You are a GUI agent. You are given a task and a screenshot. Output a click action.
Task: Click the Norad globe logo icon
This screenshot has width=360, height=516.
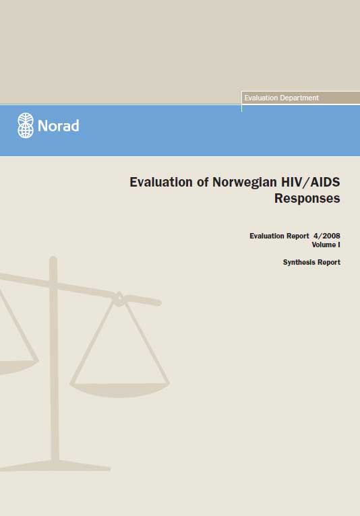coord(26,125)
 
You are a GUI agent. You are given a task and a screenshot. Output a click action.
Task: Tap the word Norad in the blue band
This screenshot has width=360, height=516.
coord(58,126)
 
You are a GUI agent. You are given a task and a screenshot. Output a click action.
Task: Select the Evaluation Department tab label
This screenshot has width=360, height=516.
coord(281,98)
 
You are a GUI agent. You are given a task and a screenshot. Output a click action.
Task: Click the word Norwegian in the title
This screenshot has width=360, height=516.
coord(245,183)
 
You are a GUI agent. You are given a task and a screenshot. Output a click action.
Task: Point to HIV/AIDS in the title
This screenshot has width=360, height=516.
coord(310,182)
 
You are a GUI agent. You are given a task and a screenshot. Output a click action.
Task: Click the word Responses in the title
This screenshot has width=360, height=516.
coord(307,199)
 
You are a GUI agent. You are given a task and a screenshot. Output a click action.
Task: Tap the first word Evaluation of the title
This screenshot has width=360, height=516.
coord(161,182)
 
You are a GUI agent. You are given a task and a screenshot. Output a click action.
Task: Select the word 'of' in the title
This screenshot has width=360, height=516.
coord(202,182)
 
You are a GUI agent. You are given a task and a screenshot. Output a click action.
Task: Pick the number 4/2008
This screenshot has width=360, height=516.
coord(327,236)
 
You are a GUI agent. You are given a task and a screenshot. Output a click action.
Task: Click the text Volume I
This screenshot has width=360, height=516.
coord(326,245)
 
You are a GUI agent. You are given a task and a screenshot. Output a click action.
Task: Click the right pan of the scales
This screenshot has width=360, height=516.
coord(119,390)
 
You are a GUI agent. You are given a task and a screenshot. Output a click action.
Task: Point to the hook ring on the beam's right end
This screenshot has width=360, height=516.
coord(119,299)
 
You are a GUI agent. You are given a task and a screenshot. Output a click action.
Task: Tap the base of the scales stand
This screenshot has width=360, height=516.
coord(55,466)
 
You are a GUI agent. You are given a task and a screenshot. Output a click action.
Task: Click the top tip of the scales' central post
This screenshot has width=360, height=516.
coord(53,258)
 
